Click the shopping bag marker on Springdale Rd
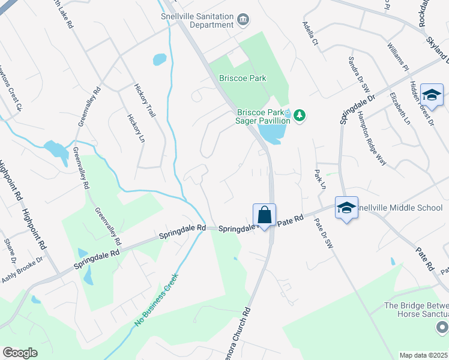pyautogui.click(x=264, y=214)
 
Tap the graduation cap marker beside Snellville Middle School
pyautogui.click(x=346, y=208)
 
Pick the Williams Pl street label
pyautogui.click(x=398, y=57)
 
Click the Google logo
pyautogui.click(x=20, y=353)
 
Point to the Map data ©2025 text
pyautogui.click(x=423, y=355)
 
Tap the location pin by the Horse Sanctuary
pyautogui.click(x=442, y=327)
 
